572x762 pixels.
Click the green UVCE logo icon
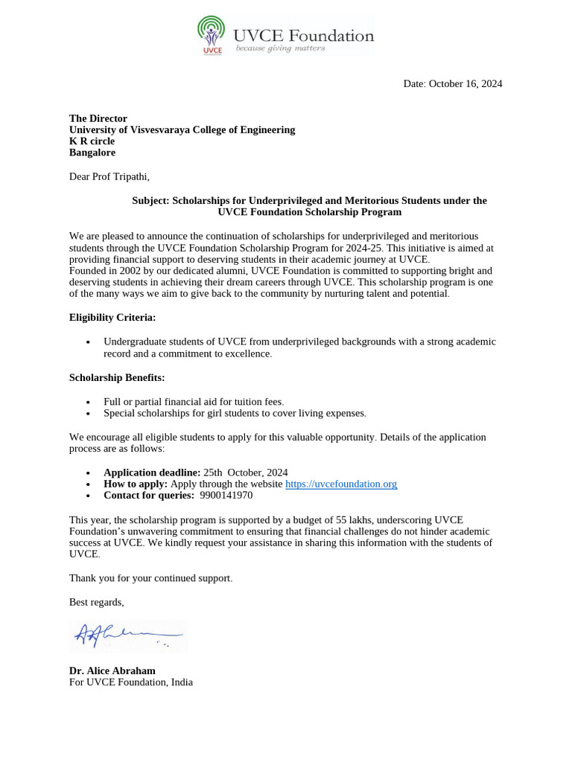[212, 34]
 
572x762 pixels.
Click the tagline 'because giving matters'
[280, 48]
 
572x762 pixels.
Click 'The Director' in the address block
[98, 118]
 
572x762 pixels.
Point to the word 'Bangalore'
[92, 152]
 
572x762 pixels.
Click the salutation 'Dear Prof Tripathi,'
[109, 176]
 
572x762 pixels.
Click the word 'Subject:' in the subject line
[151, 200]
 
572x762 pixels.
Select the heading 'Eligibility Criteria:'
[112, 317]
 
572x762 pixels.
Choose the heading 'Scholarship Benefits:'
[117, 377]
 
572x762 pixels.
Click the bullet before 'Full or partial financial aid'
[89, 402]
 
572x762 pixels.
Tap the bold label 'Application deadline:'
[152, 473]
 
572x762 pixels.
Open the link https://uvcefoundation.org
[341, 484]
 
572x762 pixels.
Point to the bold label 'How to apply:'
[136, 484]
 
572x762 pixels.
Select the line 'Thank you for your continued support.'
[150, 577]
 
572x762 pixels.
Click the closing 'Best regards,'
[97, 601]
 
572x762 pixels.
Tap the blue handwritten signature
[127, 635]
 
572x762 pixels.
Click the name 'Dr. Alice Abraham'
[112, 670]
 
